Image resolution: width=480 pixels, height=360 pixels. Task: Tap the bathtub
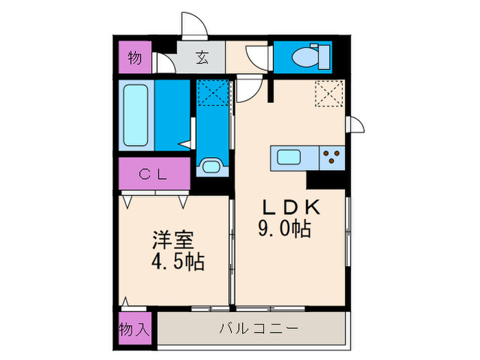(136, 115)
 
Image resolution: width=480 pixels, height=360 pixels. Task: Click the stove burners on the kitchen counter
(333, 158)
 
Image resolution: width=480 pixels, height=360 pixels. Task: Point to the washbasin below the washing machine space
(210, 166)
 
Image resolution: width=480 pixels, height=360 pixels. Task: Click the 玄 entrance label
(203, 58)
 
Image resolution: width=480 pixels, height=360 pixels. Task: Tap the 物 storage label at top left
(135, 58)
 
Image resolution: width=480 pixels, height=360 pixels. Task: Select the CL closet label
(154, 174)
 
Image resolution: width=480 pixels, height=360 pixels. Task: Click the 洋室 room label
(172, 241)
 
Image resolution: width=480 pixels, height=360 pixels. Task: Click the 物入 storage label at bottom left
(134, 328)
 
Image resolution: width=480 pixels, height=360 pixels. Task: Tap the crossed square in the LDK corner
(328, 94)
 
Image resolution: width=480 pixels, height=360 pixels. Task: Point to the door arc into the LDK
(248, 87)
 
